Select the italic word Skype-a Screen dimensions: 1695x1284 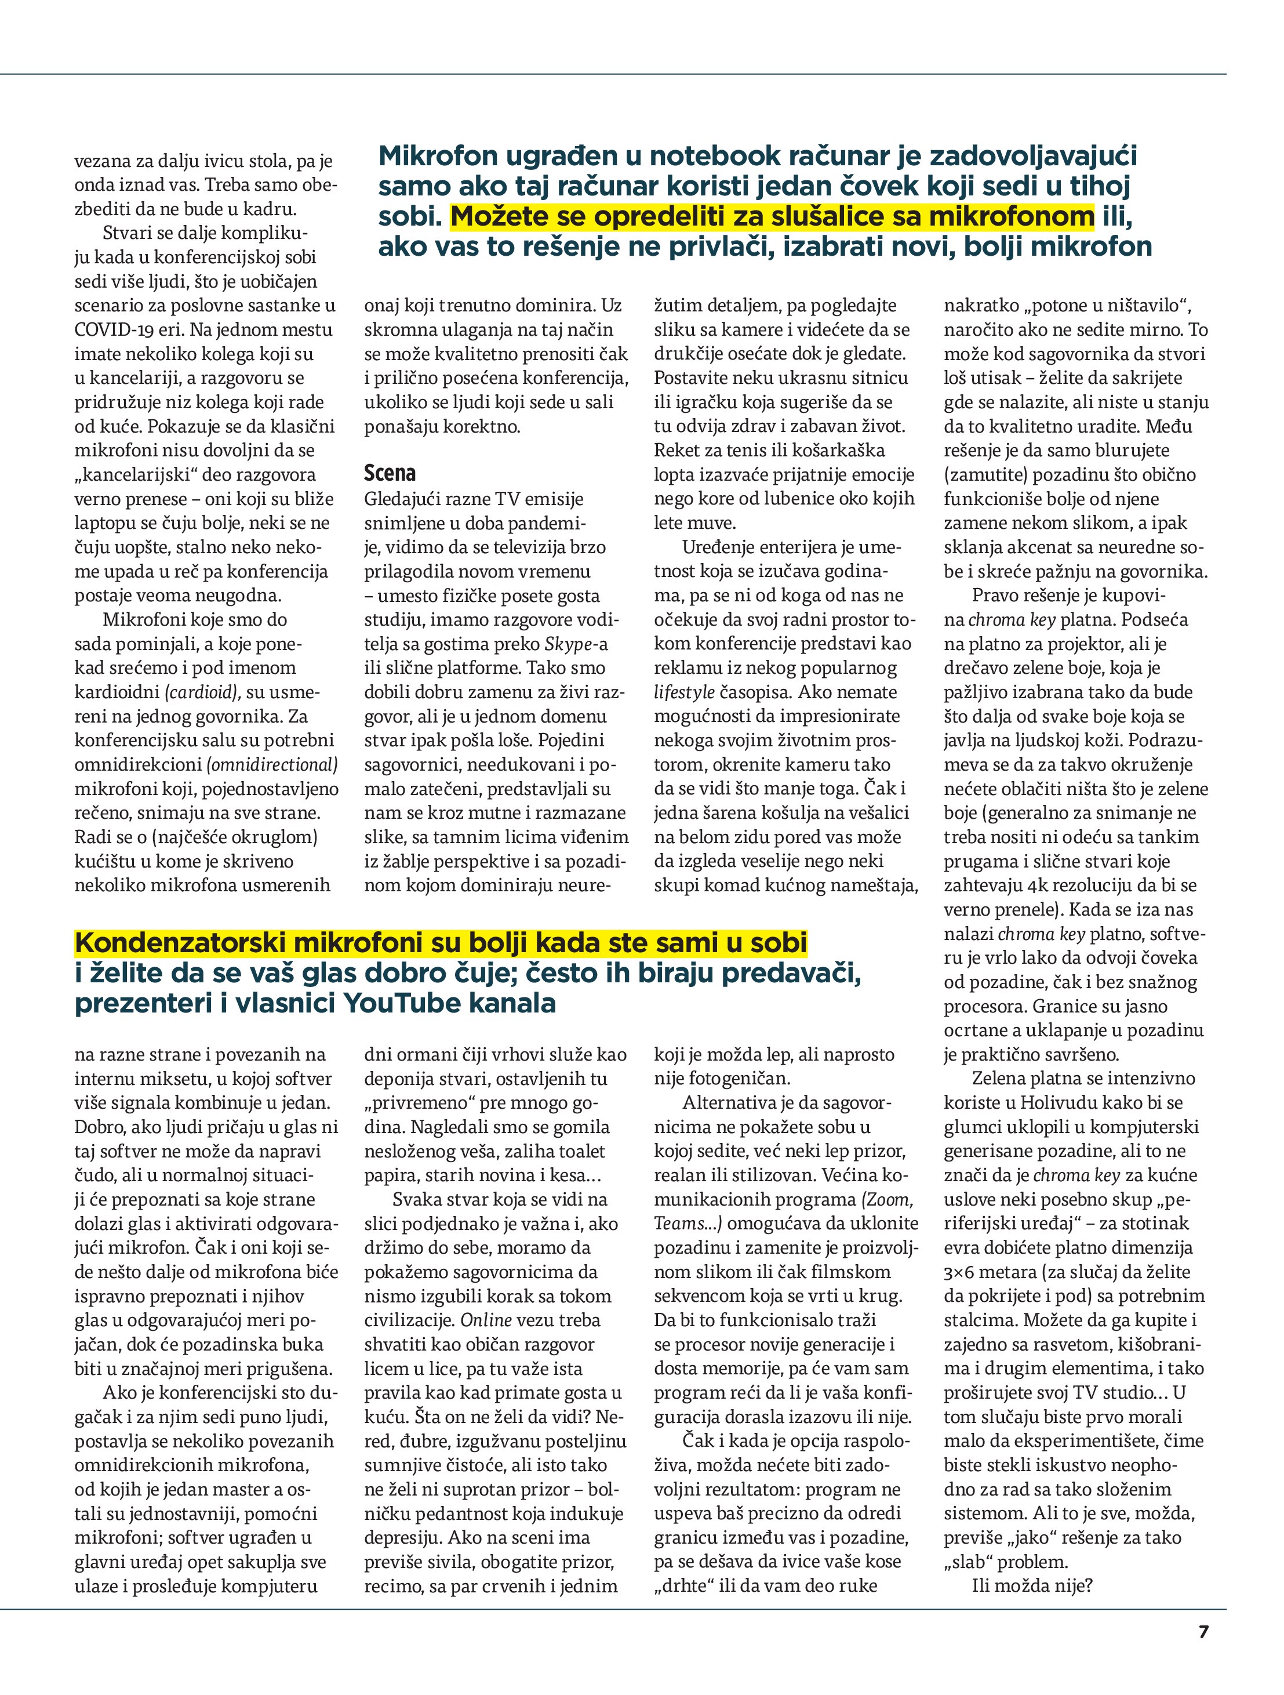point(576,644)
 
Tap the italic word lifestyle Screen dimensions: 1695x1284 point(683,692)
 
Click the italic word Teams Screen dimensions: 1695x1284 point(679,1224)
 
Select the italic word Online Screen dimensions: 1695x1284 point(486,1320)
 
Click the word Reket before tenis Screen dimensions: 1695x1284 point(677,450)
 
